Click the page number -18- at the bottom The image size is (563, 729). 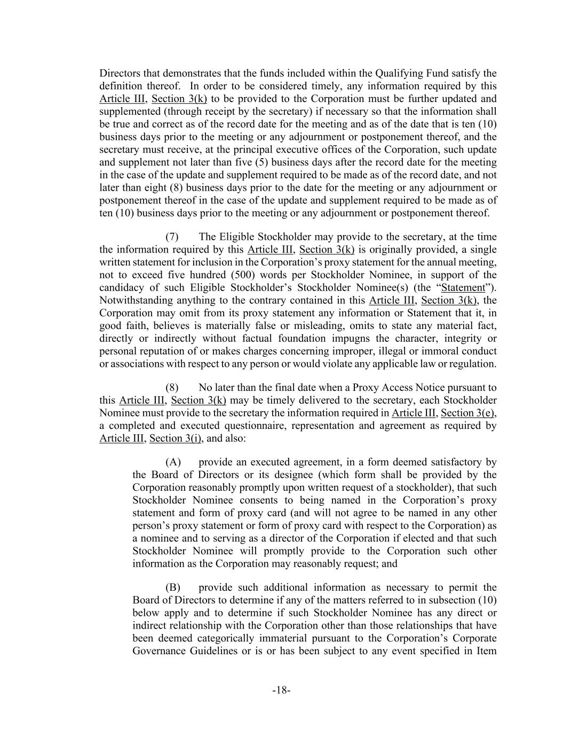pos(281,690)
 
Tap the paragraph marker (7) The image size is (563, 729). pos(172,237)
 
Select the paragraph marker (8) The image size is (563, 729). pos(172,387)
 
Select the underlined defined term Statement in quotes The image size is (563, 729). pos(463,287)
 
